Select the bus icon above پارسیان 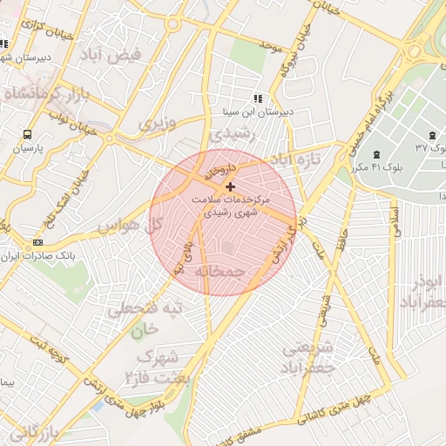tap(28, 135)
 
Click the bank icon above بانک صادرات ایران tap(37, 242)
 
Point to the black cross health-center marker tap(230, 186)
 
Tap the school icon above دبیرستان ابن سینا tap(257, 98)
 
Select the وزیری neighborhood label tap(157, 123)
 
